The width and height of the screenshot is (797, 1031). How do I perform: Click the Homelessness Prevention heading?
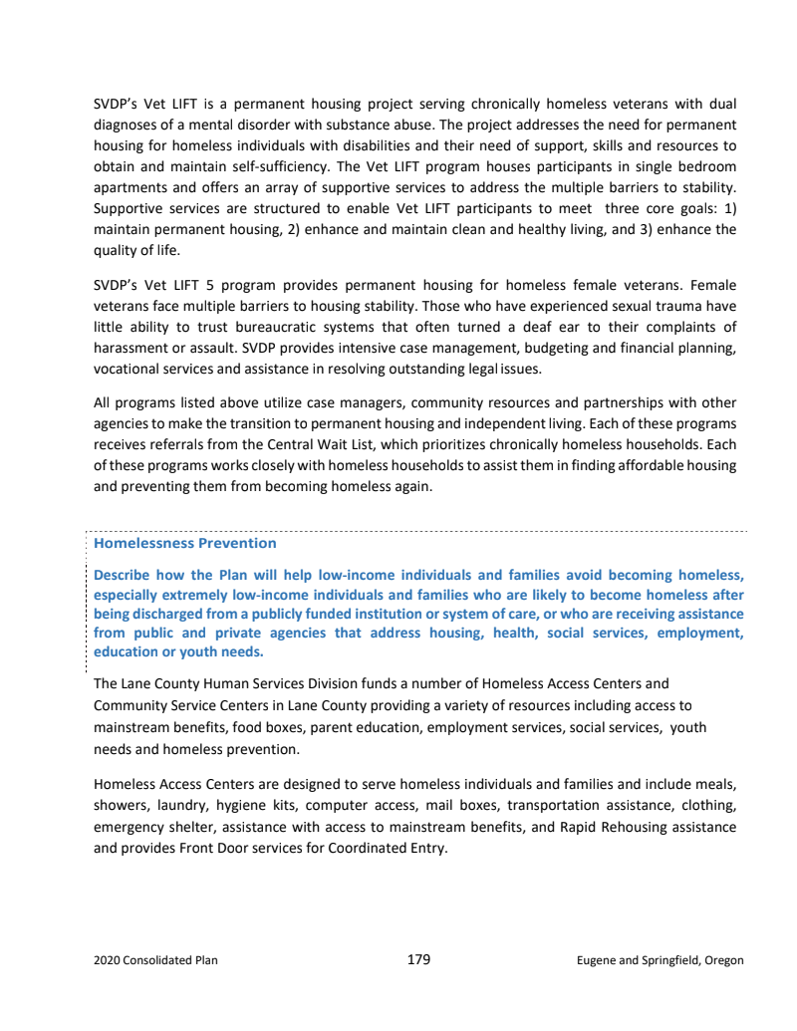pyautogui.click(x=184, y=543)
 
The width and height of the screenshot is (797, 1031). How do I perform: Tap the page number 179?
pyautogui.click(x=418, y=959)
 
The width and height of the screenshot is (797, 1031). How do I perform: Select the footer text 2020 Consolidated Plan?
pyautogui.click(x=155, y=960)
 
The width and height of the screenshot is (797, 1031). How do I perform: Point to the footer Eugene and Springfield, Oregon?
pyautogui.click(x=660, y=960)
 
